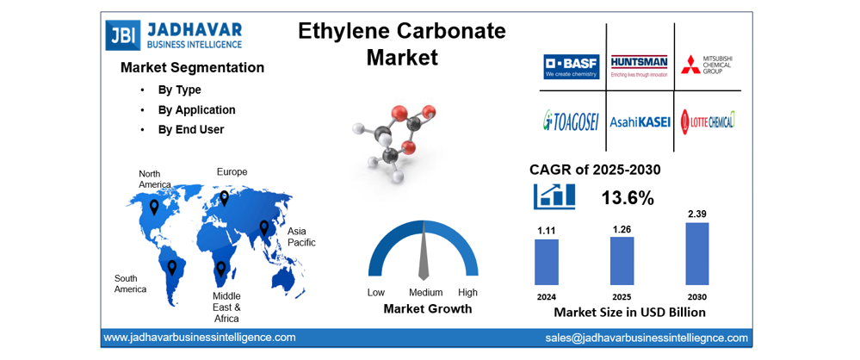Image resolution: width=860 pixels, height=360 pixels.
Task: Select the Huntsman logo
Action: [639, 66]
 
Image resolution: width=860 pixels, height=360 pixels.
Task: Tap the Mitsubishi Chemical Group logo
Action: [708, 65]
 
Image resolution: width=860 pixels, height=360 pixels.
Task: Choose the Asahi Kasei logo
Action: [640, 122]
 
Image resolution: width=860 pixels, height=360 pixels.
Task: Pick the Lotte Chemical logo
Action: [708, 121]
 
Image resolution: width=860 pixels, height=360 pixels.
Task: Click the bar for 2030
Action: [697, 254]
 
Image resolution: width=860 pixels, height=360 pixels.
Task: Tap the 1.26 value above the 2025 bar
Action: [622, 229]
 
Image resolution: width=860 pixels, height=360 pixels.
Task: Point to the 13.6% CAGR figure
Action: [627, 198]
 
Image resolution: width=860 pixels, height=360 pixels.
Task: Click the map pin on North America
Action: [154, 207]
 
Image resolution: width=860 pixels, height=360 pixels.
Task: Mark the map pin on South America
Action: [172, 268]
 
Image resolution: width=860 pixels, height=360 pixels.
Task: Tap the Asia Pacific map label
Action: [301, 237]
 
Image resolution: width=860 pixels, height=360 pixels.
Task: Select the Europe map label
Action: [232, 172]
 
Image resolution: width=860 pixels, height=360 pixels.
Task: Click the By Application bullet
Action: [196, 110]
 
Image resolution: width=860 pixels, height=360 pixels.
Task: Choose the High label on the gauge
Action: [467, 293]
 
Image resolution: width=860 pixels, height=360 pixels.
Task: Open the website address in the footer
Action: [200, 338]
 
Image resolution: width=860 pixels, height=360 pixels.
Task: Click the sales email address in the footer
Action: [647, 338]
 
